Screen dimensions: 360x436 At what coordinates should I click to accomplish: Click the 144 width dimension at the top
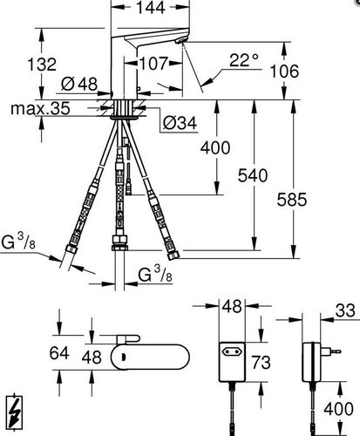[x=151, y=7]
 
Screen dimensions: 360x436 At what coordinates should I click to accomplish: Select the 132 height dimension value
[x=42, y=65]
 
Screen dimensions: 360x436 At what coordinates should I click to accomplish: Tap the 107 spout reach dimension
[x=154, y=63]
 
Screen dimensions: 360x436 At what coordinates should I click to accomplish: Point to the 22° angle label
[x=243, y=60]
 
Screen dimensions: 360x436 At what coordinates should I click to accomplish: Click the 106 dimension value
[x=284, y=72]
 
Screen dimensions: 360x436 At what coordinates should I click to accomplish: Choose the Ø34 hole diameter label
[x=180, y=123]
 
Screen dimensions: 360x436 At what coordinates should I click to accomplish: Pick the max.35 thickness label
[x=40, y=109]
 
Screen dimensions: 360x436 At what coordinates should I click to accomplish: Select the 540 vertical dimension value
[x=253, y=175]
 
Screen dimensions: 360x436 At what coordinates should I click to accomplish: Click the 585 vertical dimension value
[x=292, y=200]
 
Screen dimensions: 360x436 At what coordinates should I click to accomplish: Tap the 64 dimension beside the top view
[x=59, y=353]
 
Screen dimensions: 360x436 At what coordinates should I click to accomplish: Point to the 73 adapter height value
[x=261, y=362]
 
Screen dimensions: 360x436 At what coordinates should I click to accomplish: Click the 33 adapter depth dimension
[x=345, y=310]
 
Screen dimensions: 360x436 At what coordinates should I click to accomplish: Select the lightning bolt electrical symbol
[x=14, y=412]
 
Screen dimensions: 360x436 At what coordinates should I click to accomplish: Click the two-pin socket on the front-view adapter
[x=232, y=352]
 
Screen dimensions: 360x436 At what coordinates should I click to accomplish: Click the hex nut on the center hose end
[x=119, y=242]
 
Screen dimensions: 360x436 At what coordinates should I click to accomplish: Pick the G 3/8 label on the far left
[x=18, y=242]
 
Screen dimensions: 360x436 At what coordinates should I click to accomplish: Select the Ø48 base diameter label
[x=79, y=85]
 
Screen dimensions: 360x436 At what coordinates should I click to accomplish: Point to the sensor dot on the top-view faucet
[x=124, y=357]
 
